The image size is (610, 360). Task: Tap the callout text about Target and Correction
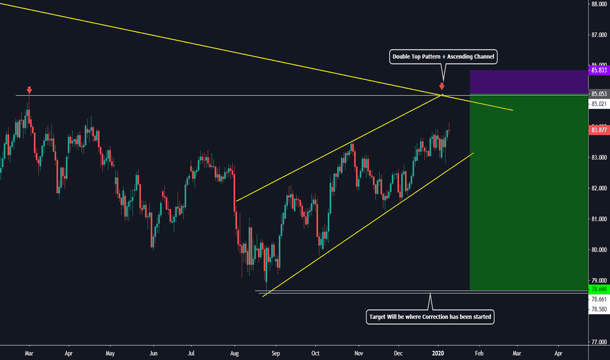pyautogui.click(x=430, y=316)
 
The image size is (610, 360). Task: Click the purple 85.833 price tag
pyautogui.click(x=599, y=70)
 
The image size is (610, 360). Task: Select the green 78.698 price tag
pyautogui.click(x=599, y=289)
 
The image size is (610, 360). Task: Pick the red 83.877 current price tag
pyautogui.click(x=599, y=130)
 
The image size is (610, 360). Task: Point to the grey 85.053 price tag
pyautogui.click(x=599, y=94)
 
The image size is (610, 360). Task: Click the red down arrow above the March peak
pyautogui.click(x=29, y=89)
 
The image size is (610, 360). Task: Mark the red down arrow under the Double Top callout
pyautogui.click(x=442, y=86)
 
